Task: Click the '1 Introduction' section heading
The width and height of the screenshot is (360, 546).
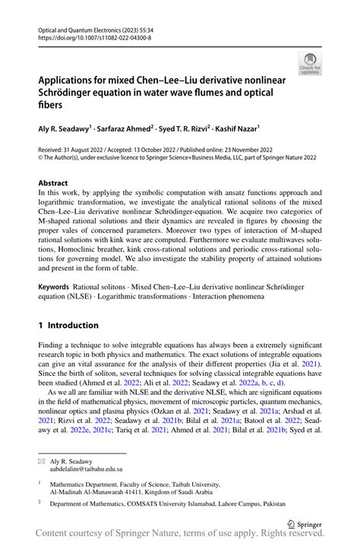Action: [x=68, y=325]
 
